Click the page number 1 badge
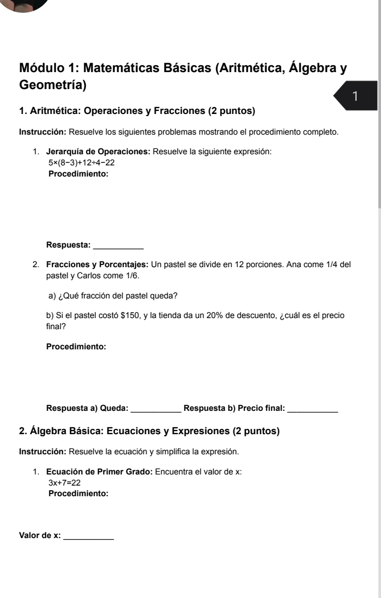(356, 96)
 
